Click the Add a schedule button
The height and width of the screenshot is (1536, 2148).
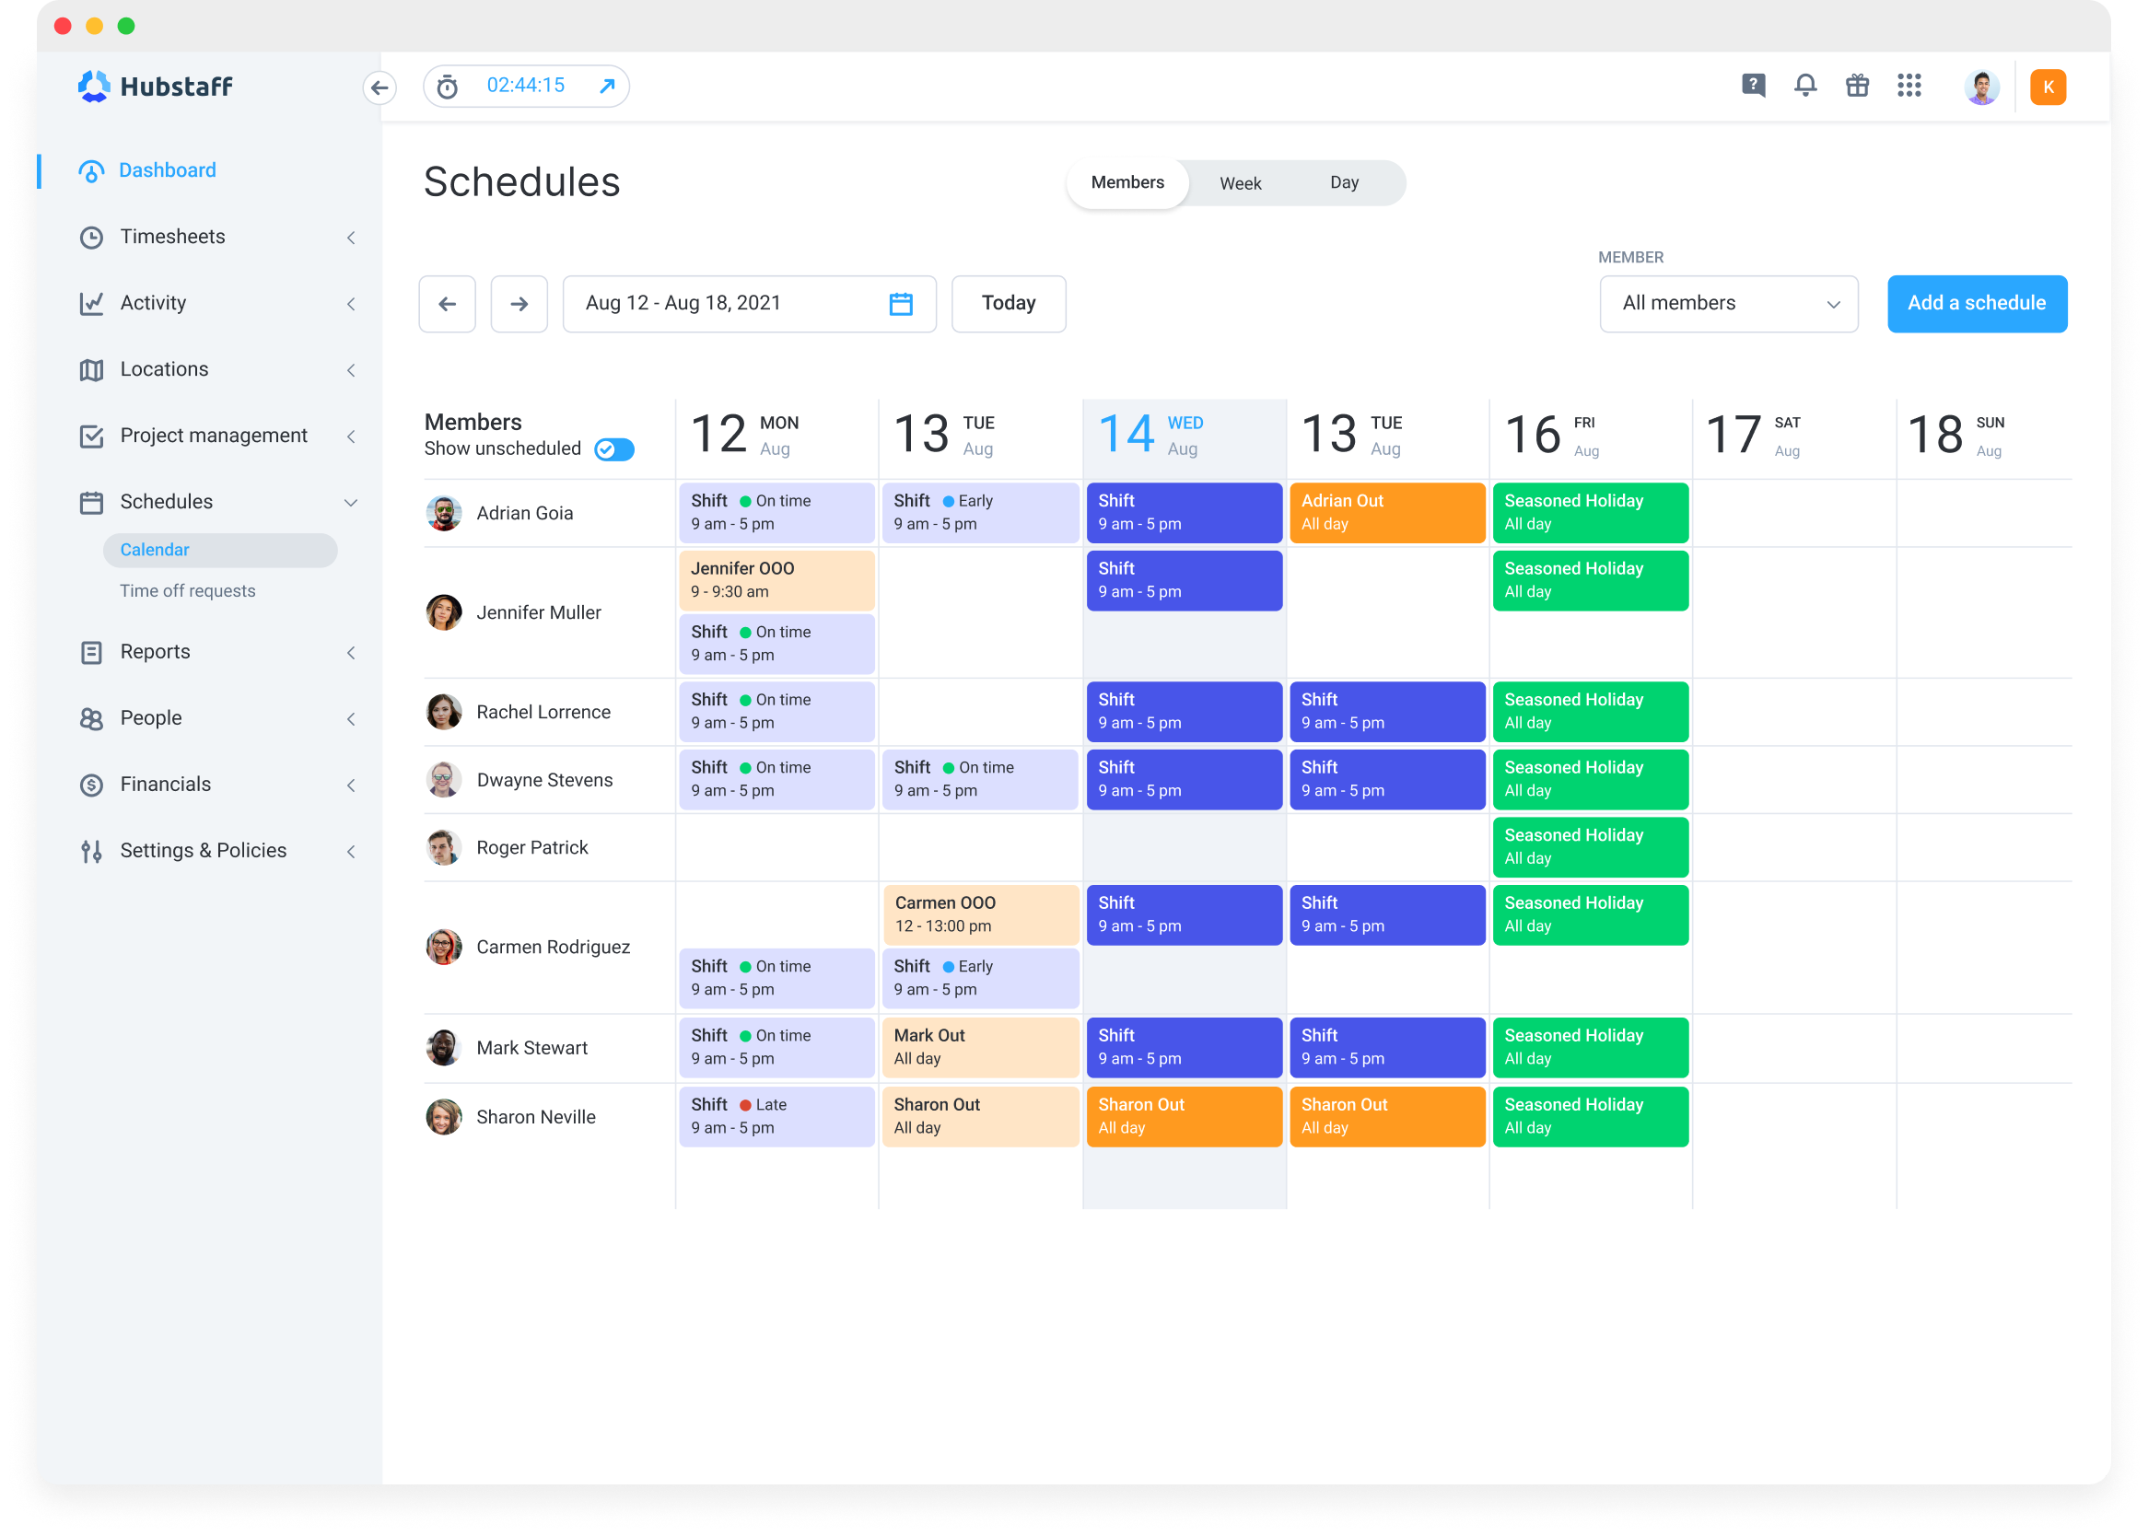1976,304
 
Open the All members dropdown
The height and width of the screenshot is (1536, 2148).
1728,304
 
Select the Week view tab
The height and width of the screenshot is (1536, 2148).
1240,183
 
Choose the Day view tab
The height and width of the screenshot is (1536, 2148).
1343,182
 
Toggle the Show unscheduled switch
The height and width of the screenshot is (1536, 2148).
613,450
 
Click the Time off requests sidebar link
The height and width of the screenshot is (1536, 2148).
187,591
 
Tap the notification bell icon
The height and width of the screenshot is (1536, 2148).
1804,86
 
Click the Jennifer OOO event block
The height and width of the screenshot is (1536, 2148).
776,580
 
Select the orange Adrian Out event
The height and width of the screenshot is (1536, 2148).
1386,513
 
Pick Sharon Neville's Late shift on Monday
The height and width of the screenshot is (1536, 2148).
776,1116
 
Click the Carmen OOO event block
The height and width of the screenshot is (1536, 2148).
980,913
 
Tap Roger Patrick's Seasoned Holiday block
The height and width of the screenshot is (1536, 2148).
1590,846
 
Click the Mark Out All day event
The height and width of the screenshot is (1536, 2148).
980,1047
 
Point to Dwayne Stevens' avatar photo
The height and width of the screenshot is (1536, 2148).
444,780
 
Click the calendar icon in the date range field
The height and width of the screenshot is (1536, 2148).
901,304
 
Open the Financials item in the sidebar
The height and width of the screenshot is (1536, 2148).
166,784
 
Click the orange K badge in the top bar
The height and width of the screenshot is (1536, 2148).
2047,87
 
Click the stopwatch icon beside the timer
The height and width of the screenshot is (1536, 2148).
448,87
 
